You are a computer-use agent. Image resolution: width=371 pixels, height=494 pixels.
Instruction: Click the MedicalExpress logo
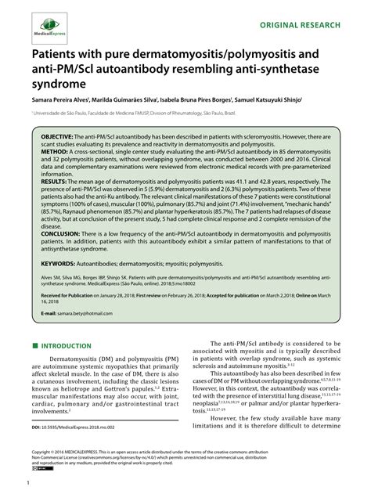point(49,23)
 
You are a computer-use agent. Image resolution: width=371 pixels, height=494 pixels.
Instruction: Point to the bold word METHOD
point(57,166)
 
